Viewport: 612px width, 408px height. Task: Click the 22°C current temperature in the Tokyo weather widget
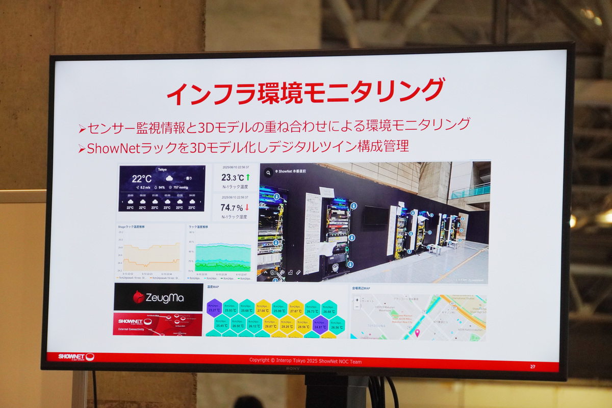[x=142, y=178]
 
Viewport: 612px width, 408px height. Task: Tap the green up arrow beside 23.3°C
[x=248, y=177]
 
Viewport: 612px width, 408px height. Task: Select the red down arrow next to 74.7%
[x=247, y=207]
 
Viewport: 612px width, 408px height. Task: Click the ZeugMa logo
[x=158, y=297]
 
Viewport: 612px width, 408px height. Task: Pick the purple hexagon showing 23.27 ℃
[x=214, y=308]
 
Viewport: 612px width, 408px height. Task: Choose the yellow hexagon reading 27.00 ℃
[x=263, y=308]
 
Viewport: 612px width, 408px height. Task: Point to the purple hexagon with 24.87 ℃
[x=320, y=324]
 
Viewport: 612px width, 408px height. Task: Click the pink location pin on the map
[x=417, y=333]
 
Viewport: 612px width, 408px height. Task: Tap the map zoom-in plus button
[x=357, y=300]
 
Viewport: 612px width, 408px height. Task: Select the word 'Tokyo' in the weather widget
[x=162, y=169]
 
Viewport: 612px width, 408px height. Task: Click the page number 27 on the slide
[x=533, y=366]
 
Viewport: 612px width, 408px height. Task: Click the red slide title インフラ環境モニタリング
[x=305, y=92]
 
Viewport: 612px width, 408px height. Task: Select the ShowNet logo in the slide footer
[x=76, y=357]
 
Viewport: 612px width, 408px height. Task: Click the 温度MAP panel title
[x=213, y=287]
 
